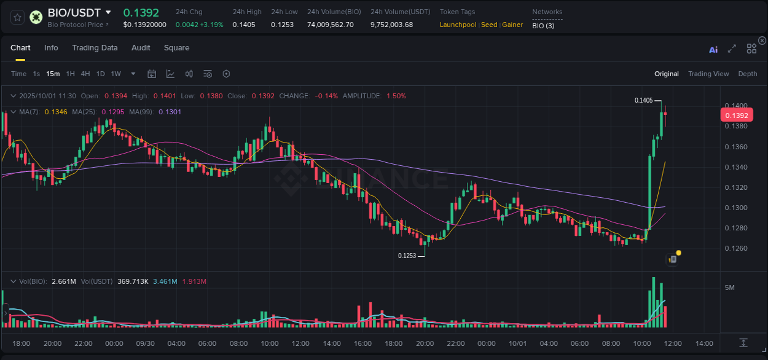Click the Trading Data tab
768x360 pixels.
pos(95,48)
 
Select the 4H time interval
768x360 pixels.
pos(85,74)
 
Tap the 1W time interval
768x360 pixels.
pos(116,74)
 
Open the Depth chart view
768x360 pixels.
pos(747,74)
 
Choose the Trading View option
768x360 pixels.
pos(708,74)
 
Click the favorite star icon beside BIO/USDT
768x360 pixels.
pos(18,17)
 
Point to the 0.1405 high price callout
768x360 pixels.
pos(643,100)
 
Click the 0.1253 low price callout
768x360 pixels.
pos(407,256)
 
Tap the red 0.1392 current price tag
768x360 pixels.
pos(736,115)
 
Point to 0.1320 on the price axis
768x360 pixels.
pos(736,187)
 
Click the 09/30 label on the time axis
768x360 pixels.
pos(145,343)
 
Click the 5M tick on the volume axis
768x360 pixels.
pos(730,288)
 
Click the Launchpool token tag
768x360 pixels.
pos(458,25)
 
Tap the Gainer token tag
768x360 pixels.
pos(512,25)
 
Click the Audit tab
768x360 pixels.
pos(141,48)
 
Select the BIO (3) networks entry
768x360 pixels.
pos(543,25)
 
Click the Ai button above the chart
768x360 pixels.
pos(713,49)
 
